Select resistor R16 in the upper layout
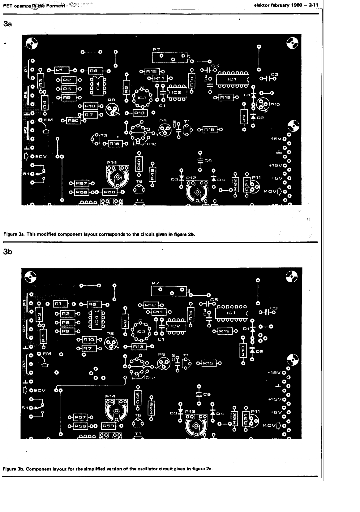tap(114, 144)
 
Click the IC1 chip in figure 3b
tap(231, 313)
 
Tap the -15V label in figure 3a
tap(274, 139)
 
